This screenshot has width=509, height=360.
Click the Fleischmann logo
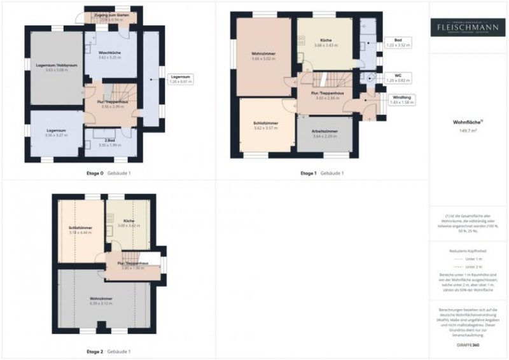click(468, 27)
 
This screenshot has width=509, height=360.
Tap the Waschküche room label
click(109, 54)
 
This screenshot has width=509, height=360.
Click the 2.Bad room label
click(109, 141)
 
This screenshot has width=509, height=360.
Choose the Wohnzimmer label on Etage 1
click(263, 55)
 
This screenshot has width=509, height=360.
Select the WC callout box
click(400, 78)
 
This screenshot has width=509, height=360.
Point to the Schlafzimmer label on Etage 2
click(80, 230)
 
